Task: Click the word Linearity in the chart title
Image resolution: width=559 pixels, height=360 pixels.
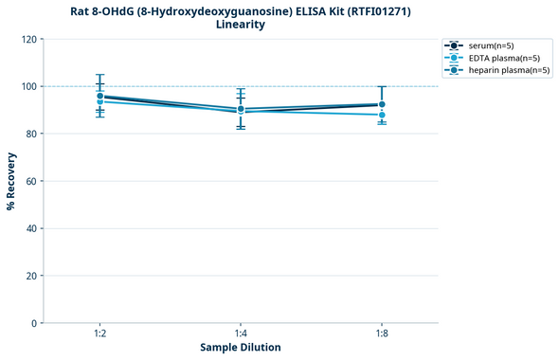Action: (241, 25)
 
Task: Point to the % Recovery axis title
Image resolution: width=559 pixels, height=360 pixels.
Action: (11, 181)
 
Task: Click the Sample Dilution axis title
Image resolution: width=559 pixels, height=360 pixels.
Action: (241, 348)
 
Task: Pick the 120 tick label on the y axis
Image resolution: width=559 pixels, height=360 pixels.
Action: (28, 39)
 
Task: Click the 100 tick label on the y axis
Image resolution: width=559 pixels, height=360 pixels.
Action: (28, 86)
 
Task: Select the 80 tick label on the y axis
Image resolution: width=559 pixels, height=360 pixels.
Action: (31, 134)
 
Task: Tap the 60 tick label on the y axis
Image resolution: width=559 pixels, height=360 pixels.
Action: (31, 181)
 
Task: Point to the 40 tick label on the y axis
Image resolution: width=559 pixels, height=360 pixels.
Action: (31, 228)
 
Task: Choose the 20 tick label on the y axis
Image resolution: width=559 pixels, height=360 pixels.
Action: (31, 276)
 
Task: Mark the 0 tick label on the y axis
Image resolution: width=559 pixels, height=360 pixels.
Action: (34, 323)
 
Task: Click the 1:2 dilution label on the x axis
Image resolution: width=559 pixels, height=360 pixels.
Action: (99, 333)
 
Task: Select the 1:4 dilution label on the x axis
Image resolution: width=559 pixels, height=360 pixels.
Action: (241, 333)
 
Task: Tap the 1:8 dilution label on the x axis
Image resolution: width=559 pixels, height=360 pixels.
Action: (382, 333)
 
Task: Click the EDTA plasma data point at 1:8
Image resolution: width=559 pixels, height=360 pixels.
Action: (382, 115)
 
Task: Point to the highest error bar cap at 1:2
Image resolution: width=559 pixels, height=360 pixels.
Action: (99, 75)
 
